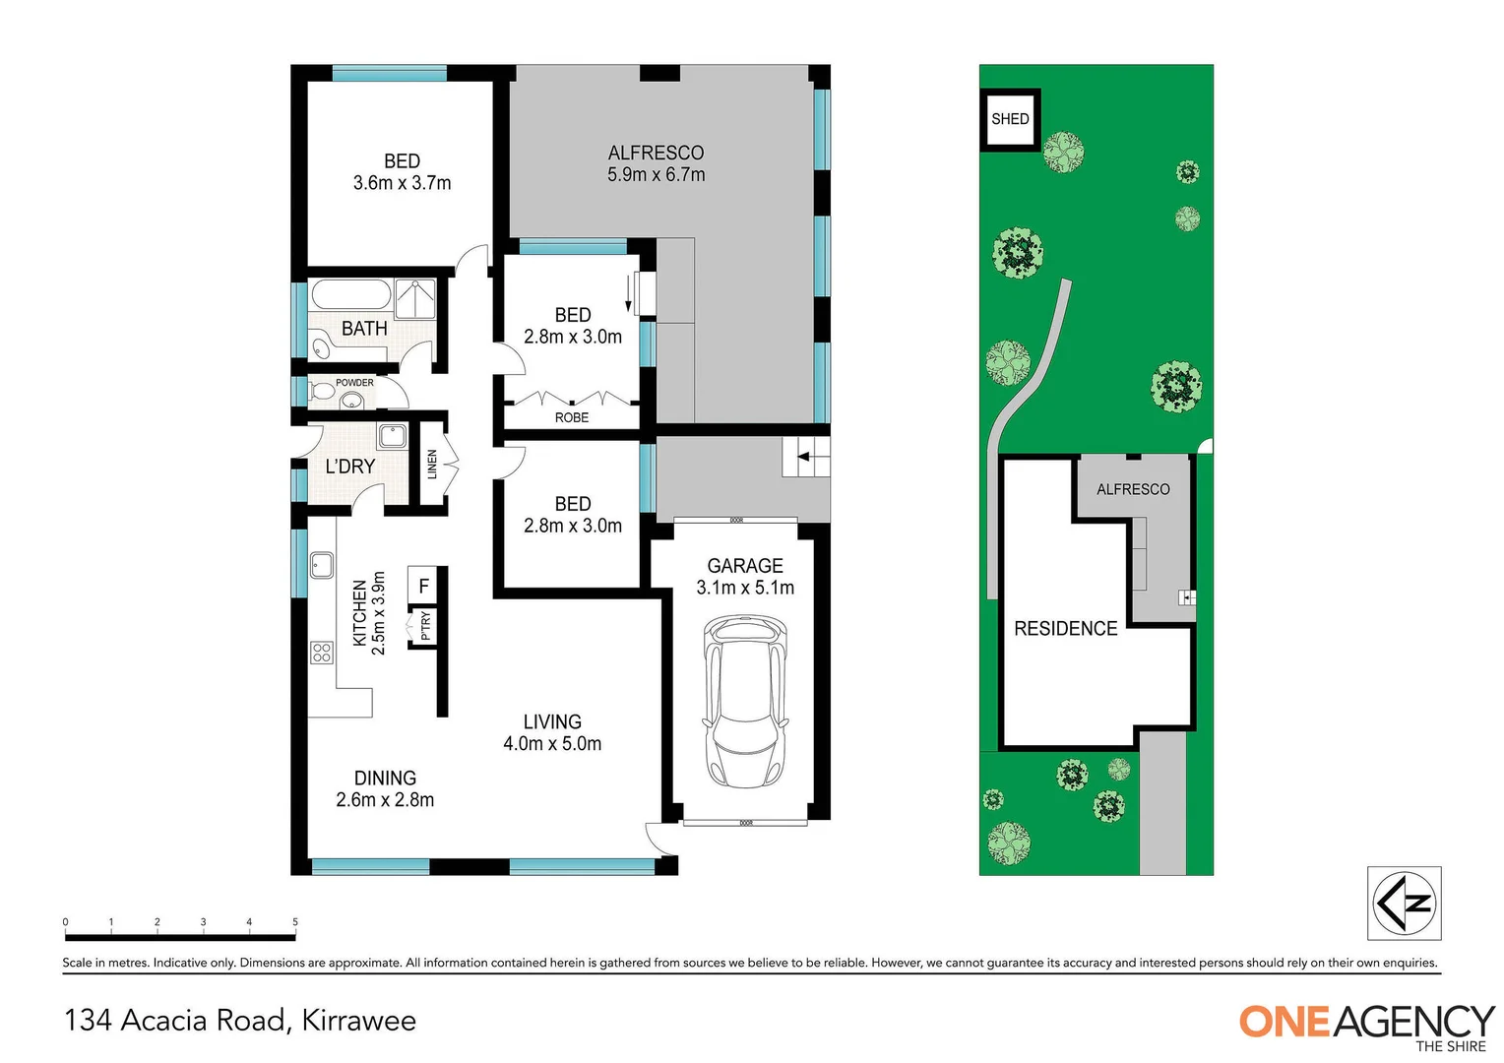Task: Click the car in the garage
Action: coord(745,701)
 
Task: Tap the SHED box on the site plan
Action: coord(1010,119)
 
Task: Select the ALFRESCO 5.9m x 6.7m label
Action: coord(656,163)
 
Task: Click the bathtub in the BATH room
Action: coord(350,295)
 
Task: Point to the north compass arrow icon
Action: coord(1405,903)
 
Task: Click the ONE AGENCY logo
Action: coord(1366,1025)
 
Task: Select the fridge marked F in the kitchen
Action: coord(423,586)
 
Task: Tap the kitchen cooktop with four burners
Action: coord(321,652)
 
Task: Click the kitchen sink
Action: coord(321,565)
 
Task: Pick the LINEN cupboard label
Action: coord(432,465)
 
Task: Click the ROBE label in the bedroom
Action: coord(572,417)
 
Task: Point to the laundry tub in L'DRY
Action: coord(392,435)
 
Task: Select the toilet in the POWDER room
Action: coord(322,393)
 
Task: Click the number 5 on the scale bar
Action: coord(295,922)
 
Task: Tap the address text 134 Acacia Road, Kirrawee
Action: coord(240,1021)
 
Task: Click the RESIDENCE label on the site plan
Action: coord(1065,628)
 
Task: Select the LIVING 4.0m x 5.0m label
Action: coord(552,733)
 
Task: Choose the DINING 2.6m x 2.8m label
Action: coord(385,789)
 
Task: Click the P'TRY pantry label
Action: coord(425,625)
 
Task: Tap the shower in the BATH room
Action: coord(415,298)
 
